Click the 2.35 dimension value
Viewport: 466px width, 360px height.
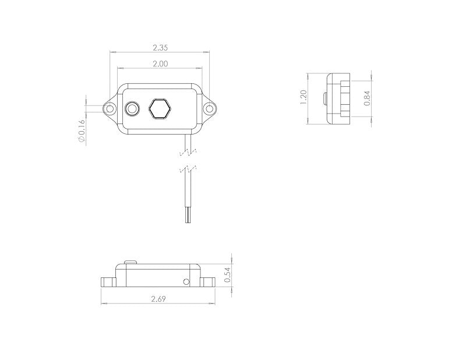point(160,48)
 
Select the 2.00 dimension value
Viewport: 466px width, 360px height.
point(160,63)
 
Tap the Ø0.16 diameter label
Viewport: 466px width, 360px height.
point(82,131)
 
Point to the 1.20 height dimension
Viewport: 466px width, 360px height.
point(303,97)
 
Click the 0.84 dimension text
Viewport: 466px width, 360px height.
point(368,98)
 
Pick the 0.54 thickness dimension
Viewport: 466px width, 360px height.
point(228,275)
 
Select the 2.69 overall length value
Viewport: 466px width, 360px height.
point(158,299)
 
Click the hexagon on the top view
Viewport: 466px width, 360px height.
point(160,109)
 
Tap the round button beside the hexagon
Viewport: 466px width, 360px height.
point(132,109)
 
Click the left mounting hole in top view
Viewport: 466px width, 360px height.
point(110,108)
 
